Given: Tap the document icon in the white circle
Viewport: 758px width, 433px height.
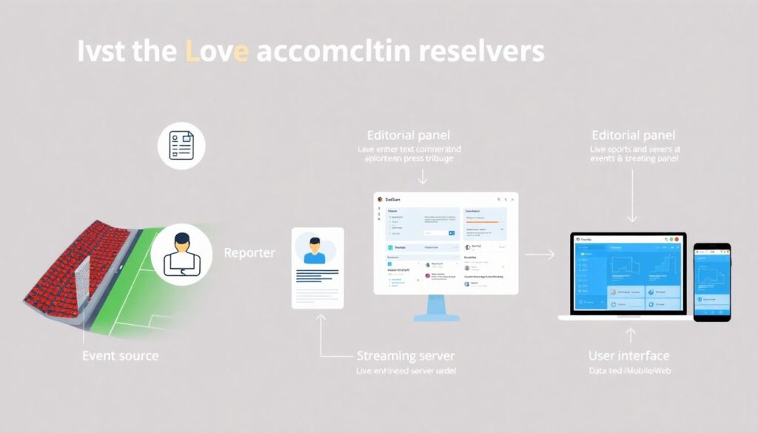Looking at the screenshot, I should (181, 145).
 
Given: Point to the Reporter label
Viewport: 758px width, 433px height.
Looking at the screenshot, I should (249, 253).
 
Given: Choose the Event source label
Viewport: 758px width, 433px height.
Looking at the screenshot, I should (120, 356).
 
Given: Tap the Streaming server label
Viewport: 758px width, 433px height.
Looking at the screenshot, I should (405, 356).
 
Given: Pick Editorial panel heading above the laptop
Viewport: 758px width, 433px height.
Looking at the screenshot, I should (634, 135).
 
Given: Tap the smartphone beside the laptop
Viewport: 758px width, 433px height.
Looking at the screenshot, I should (711, 281).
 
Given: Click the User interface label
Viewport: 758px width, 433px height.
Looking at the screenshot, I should (628, 356).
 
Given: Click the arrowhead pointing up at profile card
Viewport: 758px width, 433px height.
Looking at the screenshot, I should (321, 317).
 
